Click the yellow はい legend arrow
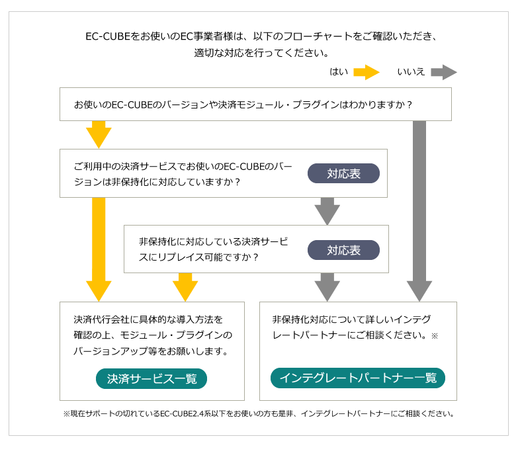tap(366, 72)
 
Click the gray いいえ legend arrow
tap(444, 72)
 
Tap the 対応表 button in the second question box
tap(343, 173)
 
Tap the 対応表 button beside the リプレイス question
tap(343, 250)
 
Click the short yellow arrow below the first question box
tap(99, 134)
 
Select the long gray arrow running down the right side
tap(419, 211)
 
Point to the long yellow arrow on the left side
tap(99, 249)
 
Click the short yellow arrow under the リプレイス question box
tap(185, 287)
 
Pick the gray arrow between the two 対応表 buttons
tap(327, 211)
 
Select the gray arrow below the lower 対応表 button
tap(327, 287)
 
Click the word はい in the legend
tap(339, 72)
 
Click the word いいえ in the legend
tap(411, 72)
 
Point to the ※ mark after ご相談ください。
tap(435, 336)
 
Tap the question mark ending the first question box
tap(410, 105)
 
